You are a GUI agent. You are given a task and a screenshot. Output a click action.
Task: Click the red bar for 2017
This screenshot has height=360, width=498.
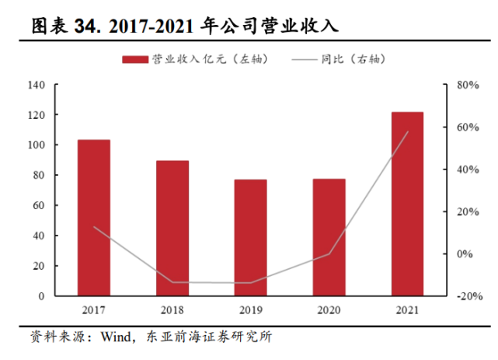pos(93,218)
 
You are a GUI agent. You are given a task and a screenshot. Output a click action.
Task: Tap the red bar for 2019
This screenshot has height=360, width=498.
pos(250,237)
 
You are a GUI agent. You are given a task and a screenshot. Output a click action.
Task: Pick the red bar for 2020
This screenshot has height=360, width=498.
pos(329,237)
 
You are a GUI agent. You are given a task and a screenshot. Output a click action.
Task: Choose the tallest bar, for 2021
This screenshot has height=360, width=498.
pos(407,204)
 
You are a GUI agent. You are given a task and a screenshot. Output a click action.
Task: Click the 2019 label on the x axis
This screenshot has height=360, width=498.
pos(250,309)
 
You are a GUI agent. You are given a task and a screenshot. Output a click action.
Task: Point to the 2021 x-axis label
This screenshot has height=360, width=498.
pos(407,309)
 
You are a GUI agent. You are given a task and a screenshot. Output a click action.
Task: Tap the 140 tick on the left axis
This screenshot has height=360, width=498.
pos(37,85)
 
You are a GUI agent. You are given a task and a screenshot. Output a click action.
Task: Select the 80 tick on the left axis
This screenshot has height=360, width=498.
pos(39,176)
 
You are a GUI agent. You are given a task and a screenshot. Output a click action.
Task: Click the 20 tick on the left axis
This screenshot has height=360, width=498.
pos(39,266)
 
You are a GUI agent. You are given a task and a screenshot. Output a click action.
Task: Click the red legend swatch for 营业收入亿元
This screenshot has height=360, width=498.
pos(134,59)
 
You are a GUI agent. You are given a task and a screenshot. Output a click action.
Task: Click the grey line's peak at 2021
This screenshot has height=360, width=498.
pos(407,131)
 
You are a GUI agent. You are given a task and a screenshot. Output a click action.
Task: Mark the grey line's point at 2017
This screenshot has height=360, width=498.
pos(93,227)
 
